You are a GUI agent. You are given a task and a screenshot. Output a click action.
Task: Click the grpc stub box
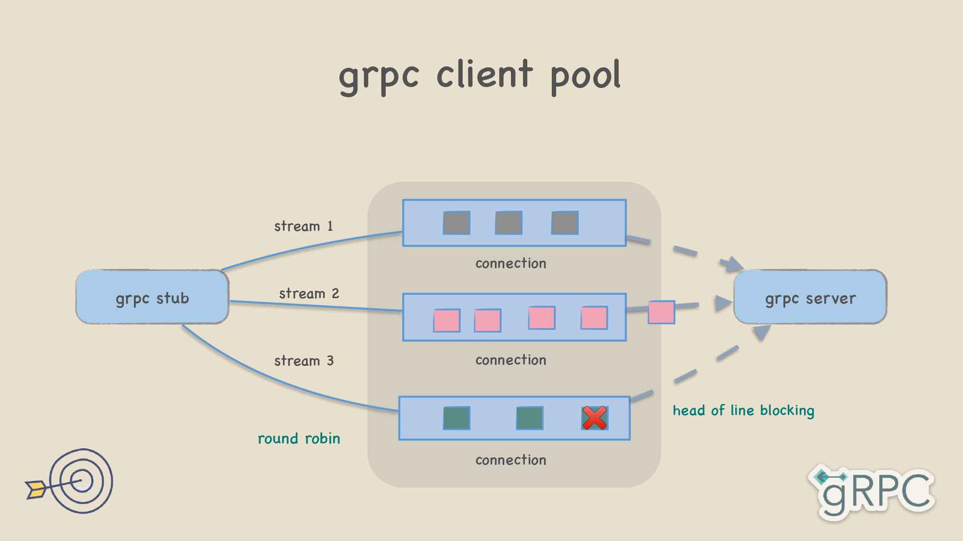152,297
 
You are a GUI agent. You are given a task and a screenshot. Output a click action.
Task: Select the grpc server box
810,297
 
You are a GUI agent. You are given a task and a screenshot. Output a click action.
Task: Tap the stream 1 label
303,226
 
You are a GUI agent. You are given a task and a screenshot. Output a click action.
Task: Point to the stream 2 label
309,293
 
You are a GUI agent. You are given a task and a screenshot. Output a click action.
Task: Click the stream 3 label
304,361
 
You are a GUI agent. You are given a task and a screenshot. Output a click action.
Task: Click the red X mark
595,417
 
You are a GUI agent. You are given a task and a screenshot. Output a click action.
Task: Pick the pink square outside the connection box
661,312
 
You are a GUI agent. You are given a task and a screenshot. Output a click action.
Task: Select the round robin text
299,439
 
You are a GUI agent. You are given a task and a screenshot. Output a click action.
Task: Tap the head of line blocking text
743,410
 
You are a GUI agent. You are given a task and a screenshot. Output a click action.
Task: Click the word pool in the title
586,76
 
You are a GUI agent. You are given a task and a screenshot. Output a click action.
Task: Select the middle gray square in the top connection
508,223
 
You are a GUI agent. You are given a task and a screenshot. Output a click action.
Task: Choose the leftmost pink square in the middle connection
447,320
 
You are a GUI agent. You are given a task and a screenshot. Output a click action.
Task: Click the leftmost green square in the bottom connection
456,417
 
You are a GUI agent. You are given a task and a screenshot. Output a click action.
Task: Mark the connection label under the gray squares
511,264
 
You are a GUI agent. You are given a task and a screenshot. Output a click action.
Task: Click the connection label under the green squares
511,460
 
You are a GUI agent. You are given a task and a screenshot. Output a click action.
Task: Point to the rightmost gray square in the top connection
565,223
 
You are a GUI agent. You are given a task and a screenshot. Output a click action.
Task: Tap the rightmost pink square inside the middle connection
594,318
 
